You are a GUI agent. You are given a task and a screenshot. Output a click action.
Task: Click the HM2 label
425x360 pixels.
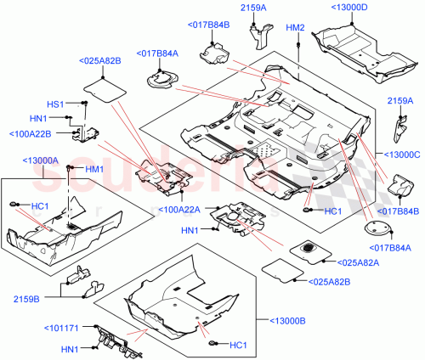pyautogui.click(x=295, y=27)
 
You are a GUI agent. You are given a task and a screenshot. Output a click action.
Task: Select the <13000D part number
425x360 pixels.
pyautogui.click(x=347, y=8)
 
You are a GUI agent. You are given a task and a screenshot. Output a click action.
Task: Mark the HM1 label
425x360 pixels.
pyautogui.click(x=93, y=169)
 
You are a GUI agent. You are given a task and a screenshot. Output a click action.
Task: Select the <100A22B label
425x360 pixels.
pyautogui.click(x=31, y=133)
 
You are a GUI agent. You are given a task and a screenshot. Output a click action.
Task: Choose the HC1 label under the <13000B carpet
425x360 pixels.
pyautogui.click(x=238, y=344)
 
